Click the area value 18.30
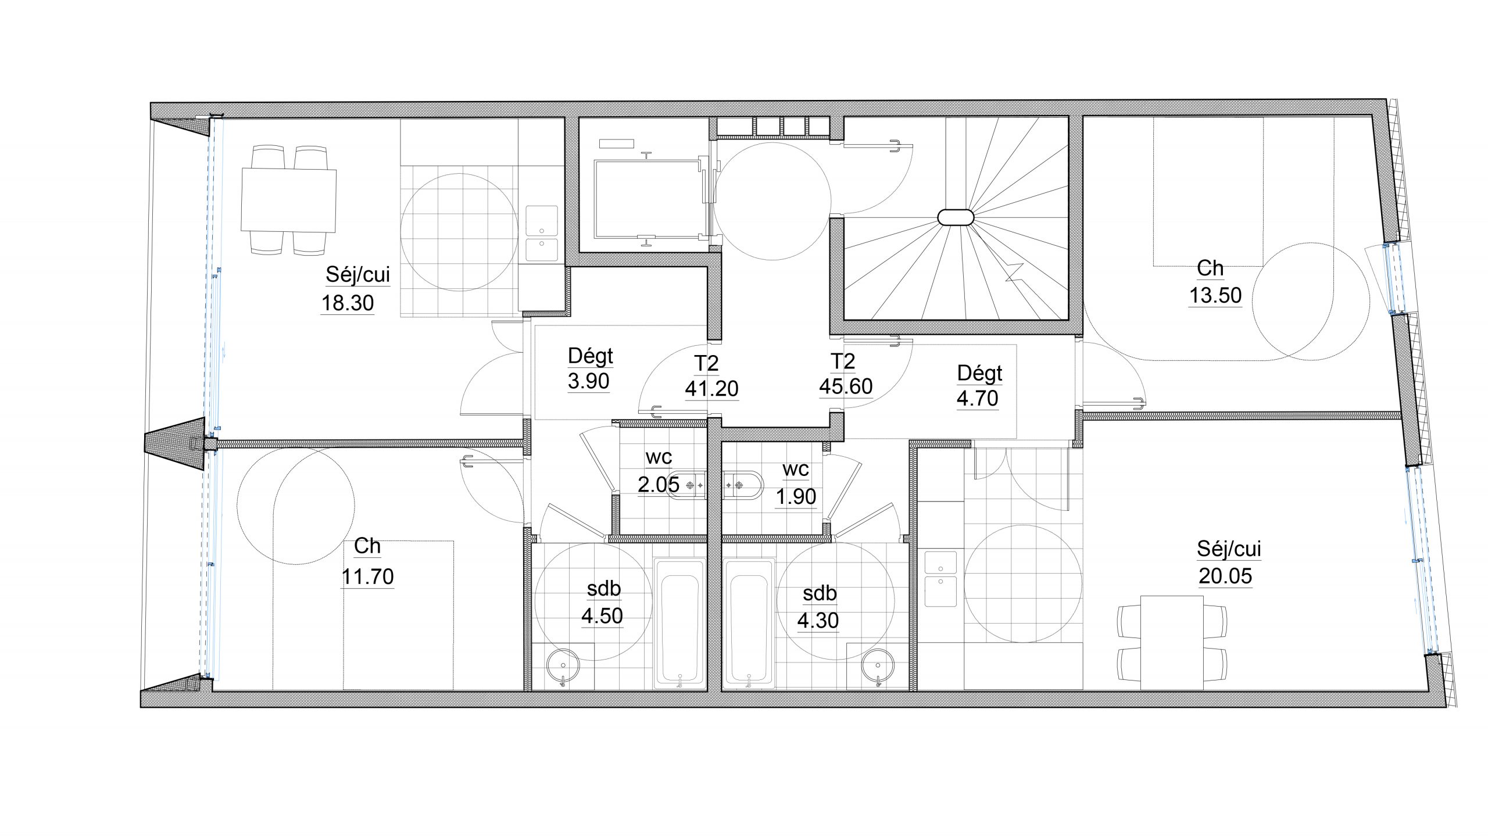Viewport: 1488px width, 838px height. click(x=348, y=303)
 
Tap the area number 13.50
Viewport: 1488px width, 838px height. click(x=1215, y=296)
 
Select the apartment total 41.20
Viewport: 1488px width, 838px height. click(x=711, y=389)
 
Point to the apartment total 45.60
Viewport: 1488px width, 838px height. click(x=846, y=386)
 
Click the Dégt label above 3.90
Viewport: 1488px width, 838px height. click(x=591, y=356)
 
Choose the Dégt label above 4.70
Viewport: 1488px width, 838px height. click(x=980, y=374)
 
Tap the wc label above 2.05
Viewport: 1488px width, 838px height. click(x=659, y=458)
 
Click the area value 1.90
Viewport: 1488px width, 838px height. click(x=796, y=497)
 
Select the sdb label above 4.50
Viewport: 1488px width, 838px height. click(x=604, y=589)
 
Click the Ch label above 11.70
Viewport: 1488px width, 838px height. click(x=367, y=546)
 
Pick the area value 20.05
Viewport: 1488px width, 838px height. click(x=1225, y=576)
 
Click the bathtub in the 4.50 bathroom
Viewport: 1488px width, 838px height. click(x=680, y=624)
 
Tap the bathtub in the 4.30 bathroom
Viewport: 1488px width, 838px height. click(x=749, y=624)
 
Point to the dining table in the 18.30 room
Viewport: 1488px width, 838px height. click(x=289, y=200)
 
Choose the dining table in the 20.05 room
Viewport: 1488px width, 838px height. click(x=1172, y=643)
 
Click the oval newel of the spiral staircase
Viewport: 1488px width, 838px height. click(x=955, y=217)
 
